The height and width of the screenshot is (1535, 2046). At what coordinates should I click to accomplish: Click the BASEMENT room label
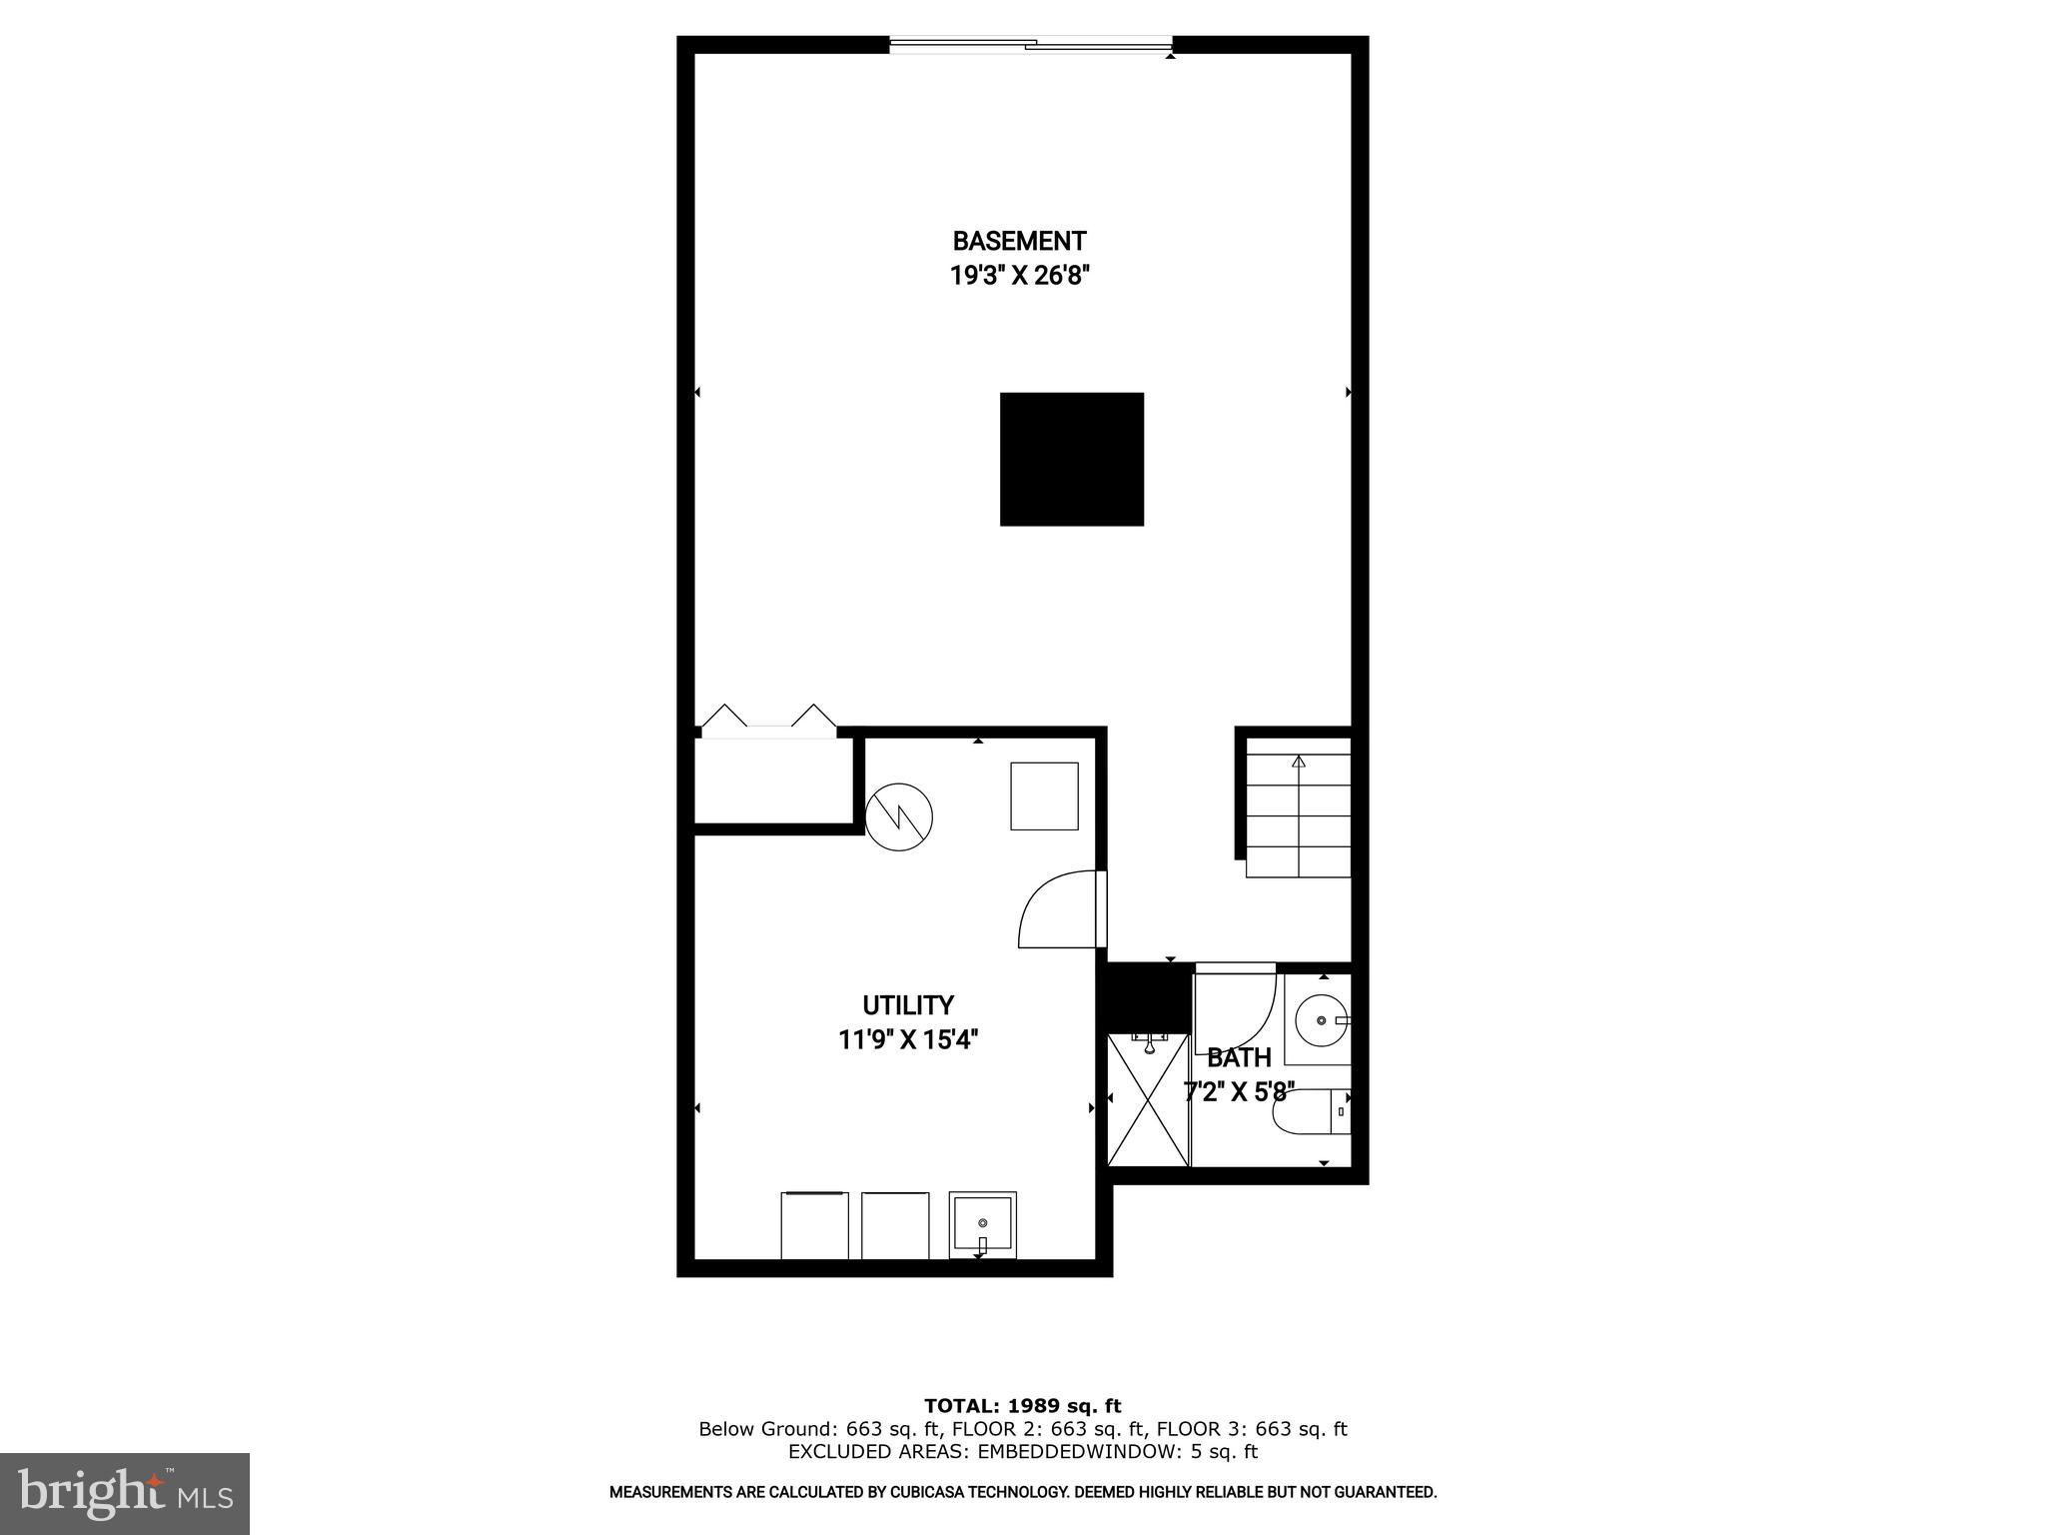pyautogui.click(x=1019, y=241)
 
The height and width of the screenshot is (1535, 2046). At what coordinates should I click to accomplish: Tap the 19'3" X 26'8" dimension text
pyautogui.click(x=1019, y=276)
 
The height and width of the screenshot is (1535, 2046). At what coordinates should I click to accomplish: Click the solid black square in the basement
pyautogui.click(x=1071, y=459)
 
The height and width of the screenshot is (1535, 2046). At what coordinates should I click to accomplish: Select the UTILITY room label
pyautogui.click(x=908, y=1004)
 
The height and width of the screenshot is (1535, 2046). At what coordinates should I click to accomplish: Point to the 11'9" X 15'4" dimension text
pyautogui.click(x=908, y=1040)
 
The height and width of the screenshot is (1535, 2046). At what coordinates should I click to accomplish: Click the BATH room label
pyautogui.click(x=1239, y=1057)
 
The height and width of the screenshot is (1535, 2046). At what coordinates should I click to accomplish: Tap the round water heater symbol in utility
pyautogui.click(x=899, y=816)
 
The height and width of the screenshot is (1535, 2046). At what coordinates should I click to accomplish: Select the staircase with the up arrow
pyautogui.click(x=1298, y=807)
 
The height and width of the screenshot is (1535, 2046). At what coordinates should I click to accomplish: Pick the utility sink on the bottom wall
pyautogui.click(x=982, y=1222)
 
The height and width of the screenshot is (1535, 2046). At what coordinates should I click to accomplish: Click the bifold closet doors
pyautogui.click(x=768, y=722)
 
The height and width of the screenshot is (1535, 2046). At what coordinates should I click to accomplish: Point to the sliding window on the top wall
pyautogui.click(x=1030, y=44)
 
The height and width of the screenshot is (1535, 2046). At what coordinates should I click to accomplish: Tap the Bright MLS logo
pyautogui.click(x=125, y=1493)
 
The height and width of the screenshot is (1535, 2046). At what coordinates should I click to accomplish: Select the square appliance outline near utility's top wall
pyautogui.click(x=1044, y=795)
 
